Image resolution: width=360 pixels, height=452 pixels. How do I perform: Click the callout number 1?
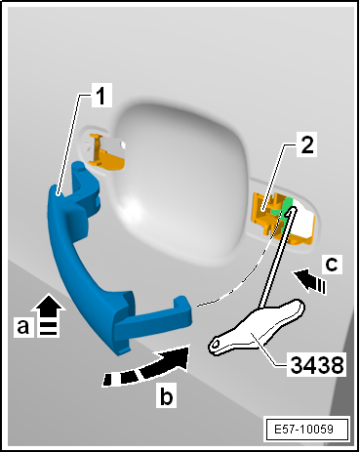[101, 96]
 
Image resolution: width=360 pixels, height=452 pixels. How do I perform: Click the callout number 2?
[306, 144]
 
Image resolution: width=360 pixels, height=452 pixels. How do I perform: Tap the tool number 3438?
[317, 364]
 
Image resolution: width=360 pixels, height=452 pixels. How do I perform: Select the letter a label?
[23, 326]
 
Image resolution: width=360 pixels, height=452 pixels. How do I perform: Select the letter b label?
[166, 395]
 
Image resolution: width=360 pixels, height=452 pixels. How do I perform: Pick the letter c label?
[332, 264]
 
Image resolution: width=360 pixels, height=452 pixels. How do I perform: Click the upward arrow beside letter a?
[49, 314]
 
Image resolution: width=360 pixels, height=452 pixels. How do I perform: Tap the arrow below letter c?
[310, 280]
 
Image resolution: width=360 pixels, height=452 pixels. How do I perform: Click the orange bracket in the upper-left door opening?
[106, 152]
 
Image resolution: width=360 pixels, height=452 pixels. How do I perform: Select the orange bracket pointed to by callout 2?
[282, 218]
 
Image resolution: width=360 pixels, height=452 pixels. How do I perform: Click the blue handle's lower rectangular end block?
[152, 323]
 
